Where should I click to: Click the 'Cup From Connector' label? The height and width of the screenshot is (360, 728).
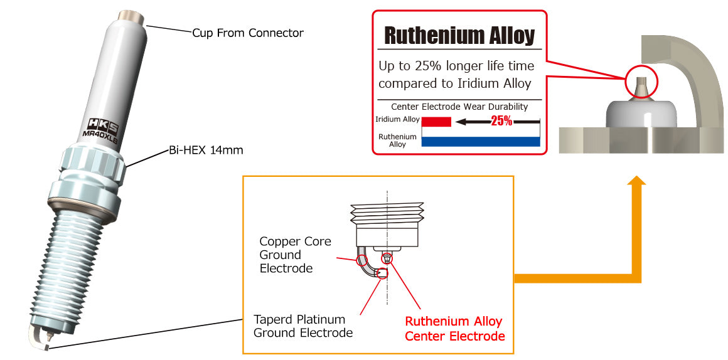point(248,33)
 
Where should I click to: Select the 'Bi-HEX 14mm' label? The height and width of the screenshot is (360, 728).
point(206,151)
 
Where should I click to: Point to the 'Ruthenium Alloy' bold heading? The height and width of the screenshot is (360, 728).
point(459,35)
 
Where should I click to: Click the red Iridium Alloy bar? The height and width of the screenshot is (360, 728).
point(436,121)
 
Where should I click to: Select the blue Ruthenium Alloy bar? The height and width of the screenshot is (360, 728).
point(480,141)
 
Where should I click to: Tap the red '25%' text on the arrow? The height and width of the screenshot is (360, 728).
point(501,121)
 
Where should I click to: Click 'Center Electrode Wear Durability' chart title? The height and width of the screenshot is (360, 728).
point(459,107)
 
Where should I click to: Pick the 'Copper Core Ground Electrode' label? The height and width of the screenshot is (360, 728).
point(295,255)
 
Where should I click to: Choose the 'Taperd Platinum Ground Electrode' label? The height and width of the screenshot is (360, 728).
point(302,326)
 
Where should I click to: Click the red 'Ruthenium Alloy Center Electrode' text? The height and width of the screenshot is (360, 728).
point(454,329)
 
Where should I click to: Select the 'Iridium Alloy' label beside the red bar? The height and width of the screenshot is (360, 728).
point(397,119)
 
